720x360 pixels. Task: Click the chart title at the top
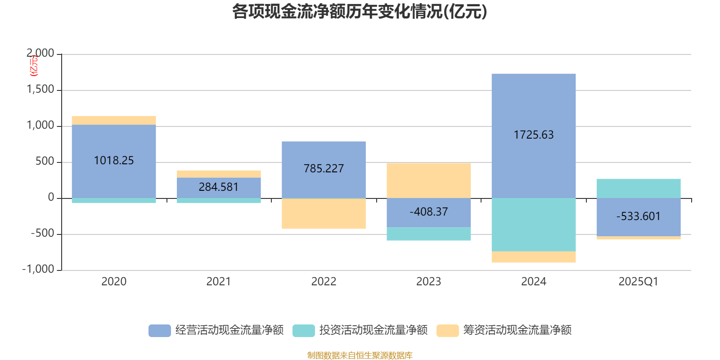360,12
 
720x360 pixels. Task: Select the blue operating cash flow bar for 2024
533,108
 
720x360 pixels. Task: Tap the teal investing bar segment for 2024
533,225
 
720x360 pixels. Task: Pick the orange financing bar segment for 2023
428,180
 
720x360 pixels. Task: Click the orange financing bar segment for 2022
324,214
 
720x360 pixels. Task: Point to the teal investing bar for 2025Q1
639,188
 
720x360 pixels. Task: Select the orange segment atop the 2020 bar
114,120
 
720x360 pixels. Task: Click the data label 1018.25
114,161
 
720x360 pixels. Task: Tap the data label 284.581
219,187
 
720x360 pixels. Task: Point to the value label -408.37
428,211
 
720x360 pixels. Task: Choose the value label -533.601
639,216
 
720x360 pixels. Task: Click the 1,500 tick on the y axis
40,90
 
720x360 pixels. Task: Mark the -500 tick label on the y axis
42,234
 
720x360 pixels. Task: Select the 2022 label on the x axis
324,282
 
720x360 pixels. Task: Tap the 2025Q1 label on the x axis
638,282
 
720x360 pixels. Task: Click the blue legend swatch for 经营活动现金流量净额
160,330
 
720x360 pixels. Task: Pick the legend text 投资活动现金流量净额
373,330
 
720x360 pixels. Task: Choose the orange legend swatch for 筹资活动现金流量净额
448,330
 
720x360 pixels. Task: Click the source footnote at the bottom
360,355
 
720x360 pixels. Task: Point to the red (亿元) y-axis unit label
34,66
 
